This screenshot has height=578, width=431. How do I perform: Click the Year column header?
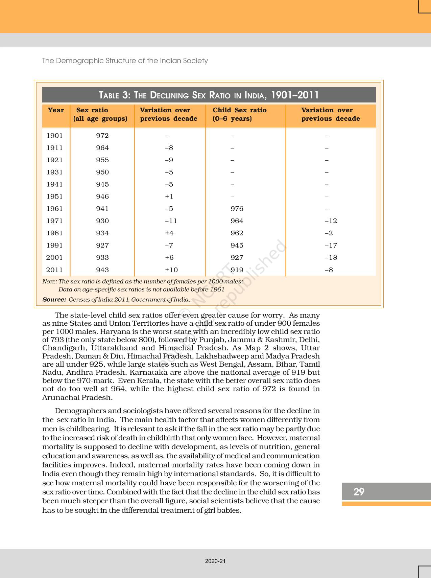pos(56,110)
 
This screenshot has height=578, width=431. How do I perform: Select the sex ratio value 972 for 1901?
pos(102,136)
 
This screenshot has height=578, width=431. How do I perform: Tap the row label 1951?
pos(55,196)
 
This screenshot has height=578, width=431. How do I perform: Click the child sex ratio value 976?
pos(237,209)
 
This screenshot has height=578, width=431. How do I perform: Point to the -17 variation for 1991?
pos(331,245)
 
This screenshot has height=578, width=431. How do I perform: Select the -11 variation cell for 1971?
pos(171,221)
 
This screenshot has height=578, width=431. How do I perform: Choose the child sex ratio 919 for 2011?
pos(237,270)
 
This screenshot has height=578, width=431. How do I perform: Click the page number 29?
pos(359,491)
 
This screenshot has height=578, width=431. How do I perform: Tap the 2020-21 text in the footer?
pos(215,561)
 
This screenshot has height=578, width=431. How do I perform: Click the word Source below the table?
pos(54,299)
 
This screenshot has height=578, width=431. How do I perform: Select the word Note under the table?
pos(49,281)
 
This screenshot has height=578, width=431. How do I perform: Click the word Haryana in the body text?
pos(115,331)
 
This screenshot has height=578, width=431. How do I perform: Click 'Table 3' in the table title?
pos(114,95)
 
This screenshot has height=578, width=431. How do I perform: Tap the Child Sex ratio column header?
pos(240,114)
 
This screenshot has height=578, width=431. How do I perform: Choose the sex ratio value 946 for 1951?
pos(102,196)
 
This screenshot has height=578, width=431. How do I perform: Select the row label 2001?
pos(55,257)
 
